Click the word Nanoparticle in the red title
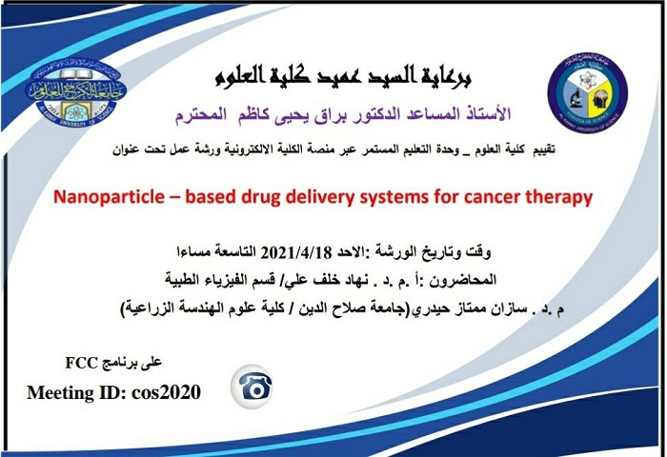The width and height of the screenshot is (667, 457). click(109, 197)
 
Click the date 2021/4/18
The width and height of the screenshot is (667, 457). click(295, 253)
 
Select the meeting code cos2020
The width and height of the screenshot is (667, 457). click(166, 392)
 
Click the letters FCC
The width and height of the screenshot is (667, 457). click(82, 363)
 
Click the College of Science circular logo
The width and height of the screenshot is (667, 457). click(588, 93)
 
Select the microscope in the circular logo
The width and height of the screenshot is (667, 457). click(575, 99)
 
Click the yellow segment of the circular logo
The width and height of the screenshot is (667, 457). click(600, 100)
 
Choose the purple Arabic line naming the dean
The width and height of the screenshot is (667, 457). click(343, 115)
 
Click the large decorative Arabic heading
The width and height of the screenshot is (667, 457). click(343, 77)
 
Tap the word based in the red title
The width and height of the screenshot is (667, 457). click(211, 197)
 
